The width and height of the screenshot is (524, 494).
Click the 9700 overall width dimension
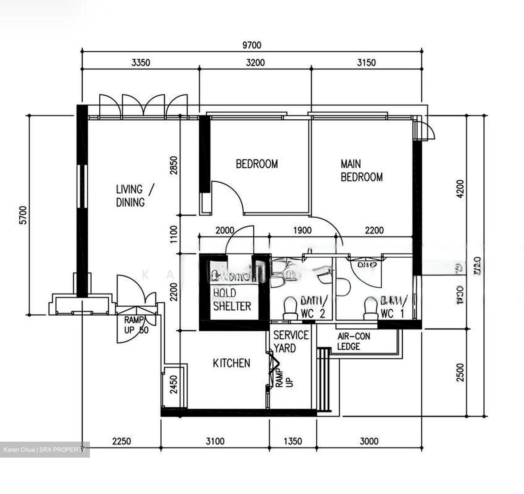tap(252, 45)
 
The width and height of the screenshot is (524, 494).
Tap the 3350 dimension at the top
tap(140, 63)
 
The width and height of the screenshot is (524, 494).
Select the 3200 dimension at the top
tap(255, 63)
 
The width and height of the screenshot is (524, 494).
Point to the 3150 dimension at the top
tap(366, 63)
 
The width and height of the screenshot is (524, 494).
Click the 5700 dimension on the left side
tap(23, 215)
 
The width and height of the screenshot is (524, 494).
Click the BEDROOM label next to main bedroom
tap(257, 164)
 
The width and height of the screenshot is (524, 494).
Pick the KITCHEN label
tap(231, 363)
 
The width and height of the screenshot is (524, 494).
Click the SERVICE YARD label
tap(290, 341)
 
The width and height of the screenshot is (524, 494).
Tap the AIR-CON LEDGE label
tap(353, 341)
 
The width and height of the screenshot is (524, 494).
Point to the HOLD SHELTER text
tap(232, 300)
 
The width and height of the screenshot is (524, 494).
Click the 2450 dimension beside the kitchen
tap(174, 385)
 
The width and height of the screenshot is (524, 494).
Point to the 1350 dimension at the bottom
tap(293, 441)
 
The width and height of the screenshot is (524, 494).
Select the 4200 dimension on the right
tap(460, 189)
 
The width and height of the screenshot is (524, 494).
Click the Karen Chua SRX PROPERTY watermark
tap(44, 450)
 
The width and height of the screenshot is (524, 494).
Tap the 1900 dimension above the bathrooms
tap(302, 230)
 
